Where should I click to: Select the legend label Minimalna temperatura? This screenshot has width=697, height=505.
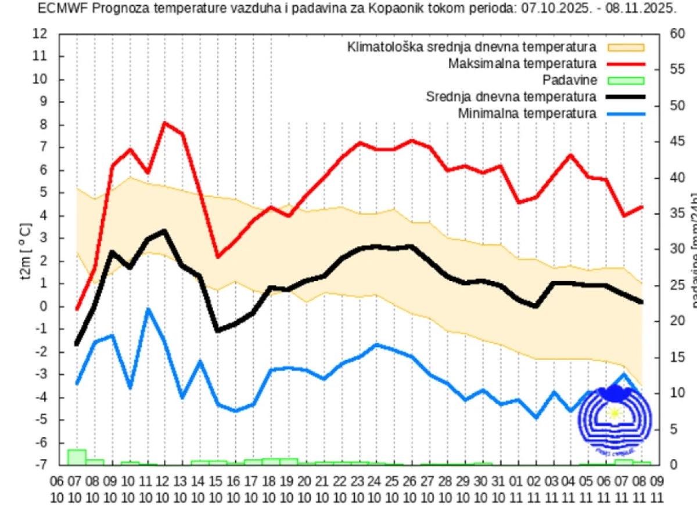click(x=527, y=114)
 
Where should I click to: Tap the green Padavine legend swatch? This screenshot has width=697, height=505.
click(x=626, y=80)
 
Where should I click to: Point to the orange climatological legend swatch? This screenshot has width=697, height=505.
click(x=626, y=46)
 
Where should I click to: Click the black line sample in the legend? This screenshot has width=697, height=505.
click(x=626, y=97)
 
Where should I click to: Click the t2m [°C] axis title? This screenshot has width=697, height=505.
click(x=26, y=249)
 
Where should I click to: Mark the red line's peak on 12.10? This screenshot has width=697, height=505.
click(x=164, y=122)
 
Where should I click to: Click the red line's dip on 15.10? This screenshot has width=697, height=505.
click(x=218, y=257)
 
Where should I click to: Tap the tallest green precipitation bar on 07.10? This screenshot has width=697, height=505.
click(x=77, y=457)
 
